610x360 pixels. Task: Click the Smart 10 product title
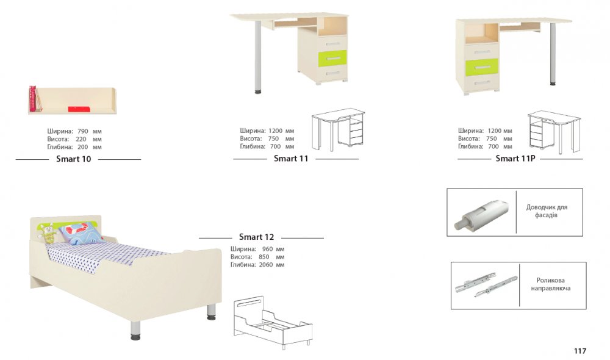(x=74, y=159)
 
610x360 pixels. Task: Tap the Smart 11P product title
(x=515, y=159)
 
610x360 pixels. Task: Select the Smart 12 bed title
(x=256, y=237)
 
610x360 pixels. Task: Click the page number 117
(x=580, y=351)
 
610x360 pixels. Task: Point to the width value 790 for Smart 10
(x=83, y=131)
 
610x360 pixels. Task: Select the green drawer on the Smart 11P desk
(x=482, y=67)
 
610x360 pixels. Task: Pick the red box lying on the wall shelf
(x=79, y=109)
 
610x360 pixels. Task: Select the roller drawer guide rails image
(x=486, y=284)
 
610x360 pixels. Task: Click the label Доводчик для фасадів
(x=547, y=211)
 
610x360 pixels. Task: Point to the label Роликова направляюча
(x=550, y=284)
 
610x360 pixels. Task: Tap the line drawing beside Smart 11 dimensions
(x=338, y=129)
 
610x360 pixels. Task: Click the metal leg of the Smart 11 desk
(x=258, y=57)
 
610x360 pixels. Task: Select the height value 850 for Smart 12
(x=264, y=257)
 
